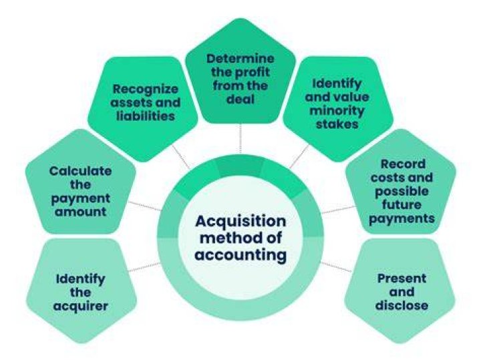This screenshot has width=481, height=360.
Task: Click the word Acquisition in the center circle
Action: click(x=240, y=221)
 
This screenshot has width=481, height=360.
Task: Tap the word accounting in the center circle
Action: click(x=240, y=255)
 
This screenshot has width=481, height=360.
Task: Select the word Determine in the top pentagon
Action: click(x=240, y=59)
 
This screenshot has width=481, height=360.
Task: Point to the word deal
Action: click(x=240, y=100)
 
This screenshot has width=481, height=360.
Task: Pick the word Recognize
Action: click(x=146, y=89)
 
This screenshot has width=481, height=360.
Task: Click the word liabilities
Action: click(x=146, y=116)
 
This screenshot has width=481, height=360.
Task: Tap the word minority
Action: click(x=337, y=111)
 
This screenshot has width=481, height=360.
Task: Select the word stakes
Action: click(x=337, y=124)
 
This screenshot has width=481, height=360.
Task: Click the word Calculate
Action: click(x=80, y=171)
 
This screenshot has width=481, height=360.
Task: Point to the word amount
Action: click(x=80, y=212)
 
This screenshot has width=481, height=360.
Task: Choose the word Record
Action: click(x=403, y=164)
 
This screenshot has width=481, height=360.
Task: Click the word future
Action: click(x=402, y=204)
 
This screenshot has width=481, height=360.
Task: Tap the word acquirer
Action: click(x=80, y=307)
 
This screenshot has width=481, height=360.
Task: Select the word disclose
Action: click(x=402, y=305)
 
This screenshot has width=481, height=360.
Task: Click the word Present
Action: click(x=402, y=279)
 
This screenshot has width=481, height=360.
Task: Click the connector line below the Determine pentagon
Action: click(x=240, y=138)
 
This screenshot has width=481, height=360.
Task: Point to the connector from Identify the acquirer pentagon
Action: click(x=144, y=267)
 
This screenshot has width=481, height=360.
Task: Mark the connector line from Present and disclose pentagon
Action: click(x=336, y=266)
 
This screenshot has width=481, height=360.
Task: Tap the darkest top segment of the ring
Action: click(x=240, y=166)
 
